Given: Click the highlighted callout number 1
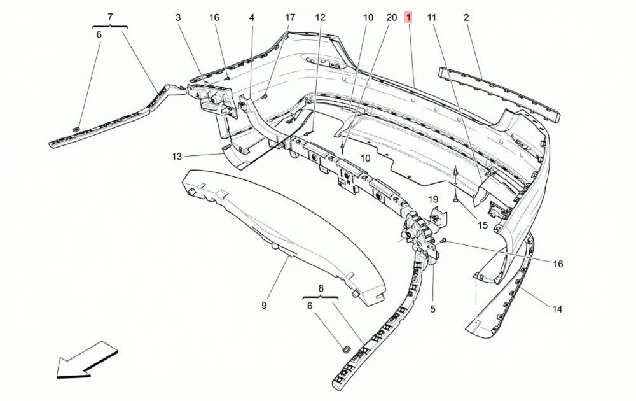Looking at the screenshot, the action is coord(408,17).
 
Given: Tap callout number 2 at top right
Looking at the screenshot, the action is coord(466,17).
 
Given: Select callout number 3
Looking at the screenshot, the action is coord(178,17).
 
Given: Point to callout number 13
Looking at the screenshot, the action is coord(177,156).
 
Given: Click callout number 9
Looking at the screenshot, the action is coord(264,306).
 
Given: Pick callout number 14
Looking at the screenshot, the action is coord(557,309).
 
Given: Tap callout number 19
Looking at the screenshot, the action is coord(433,199).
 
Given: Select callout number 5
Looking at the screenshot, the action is coord(432,309).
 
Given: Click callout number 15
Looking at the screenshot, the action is coord(483,225).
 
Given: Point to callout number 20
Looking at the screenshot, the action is coord(391,17).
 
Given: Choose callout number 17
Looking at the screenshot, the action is coord(290,17).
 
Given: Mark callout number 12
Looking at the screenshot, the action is coord(320,17).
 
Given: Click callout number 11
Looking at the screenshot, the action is coord(432,17).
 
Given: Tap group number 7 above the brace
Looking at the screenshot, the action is coord(110,17).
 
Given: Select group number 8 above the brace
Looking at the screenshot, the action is coord(321,288).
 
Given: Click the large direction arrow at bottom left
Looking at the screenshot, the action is coord(86,360).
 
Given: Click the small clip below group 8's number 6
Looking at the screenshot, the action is coord(347,349).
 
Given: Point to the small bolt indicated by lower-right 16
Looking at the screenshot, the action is coord(443,241).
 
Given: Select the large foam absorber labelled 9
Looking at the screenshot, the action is coord(284,236).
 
